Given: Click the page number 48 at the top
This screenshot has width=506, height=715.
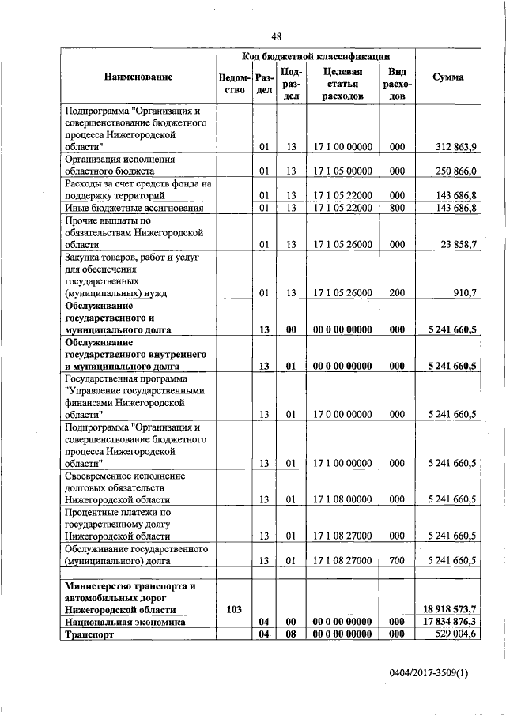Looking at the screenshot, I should point(277,36).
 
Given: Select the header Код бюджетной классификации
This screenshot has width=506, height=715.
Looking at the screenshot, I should point(315,56).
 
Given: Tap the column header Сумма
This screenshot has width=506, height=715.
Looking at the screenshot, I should point(448,77).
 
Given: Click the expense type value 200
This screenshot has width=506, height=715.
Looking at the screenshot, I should point(397,292).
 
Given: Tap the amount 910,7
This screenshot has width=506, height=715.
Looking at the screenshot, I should point(463,292).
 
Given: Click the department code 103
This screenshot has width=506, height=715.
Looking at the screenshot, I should point(233,609).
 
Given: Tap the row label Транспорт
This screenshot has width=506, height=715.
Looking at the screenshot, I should point(90,634).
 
